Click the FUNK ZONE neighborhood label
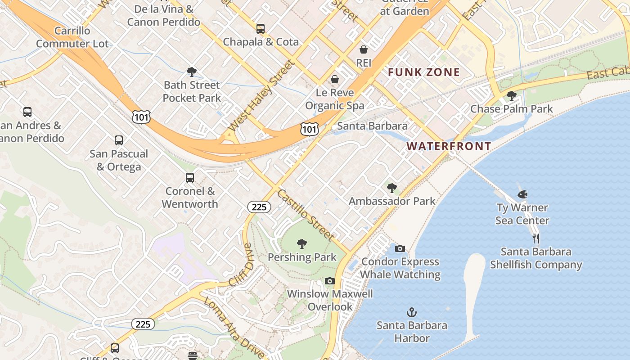(424, 72)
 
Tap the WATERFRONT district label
(449, 146)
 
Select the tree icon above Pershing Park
(302, 244)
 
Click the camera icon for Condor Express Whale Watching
(400, 248)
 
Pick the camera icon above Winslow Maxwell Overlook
(330, 281)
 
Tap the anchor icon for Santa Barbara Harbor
(411, 312)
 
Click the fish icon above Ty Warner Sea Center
(522, 194)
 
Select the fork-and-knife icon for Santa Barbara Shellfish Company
(535, 238)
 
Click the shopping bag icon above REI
(363, 49)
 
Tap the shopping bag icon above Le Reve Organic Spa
(335, 79)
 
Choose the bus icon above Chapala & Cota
(261, 29)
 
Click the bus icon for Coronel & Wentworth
(190, 178)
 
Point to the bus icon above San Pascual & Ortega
(119, 140)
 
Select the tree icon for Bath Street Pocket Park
(192, 72)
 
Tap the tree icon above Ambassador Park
(392, 188)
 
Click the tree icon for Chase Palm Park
(511, 95)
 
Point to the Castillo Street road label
(306, 215)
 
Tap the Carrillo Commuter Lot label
(72, 37)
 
